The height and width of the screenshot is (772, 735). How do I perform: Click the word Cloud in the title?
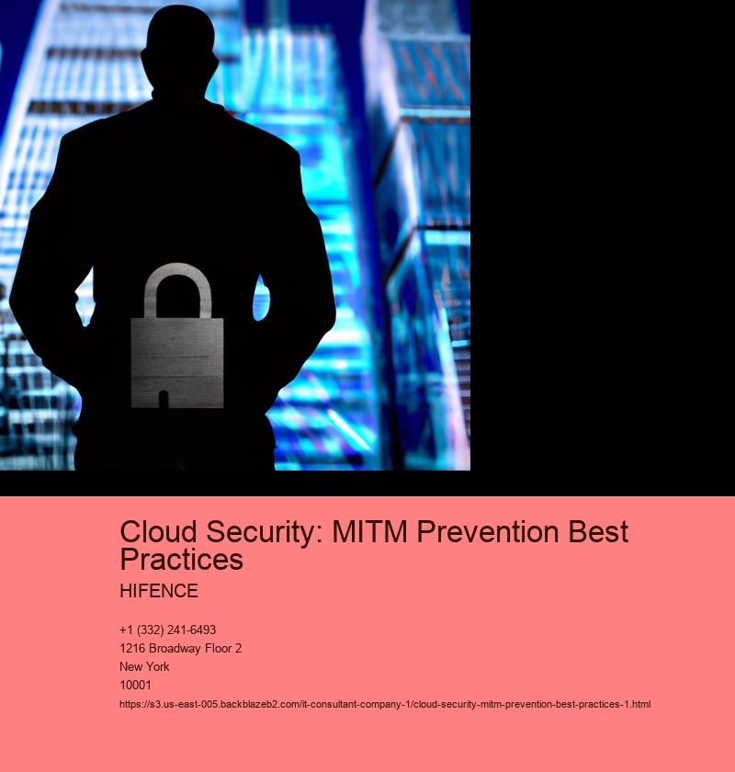(159, 532)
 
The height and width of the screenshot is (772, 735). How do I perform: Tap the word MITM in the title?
(369, 532)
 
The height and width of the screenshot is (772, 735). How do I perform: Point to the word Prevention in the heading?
(488, 532)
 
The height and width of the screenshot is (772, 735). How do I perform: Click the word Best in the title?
(598, 532)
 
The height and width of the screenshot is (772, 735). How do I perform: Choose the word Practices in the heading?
(182, 560)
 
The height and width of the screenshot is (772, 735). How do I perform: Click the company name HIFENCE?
(159, 591)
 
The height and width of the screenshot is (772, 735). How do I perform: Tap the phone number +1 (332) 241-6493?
(168, 630)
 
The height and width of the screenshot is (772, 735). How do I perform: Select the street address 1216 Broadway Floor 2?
(181, 649)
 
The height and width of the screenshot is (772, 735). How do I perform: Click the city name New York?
(144, 666)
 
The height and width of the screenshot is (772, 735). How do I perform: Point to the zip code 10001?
(135, 685)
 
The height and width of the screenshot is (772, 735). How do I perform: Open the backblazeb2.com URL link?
(385, 705)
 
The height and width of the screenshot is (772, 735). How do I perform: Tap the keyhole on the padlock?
(163, 398)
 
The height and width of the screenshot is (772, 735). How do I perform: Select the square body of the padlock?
(177, 363)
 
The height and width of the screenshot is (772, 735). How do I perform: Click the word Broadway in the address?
(171, 649)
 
